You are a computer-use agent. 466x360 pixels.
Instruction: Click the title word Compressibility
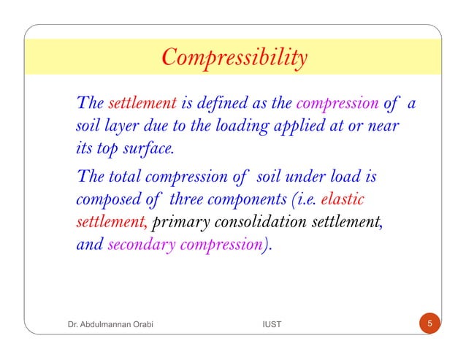point(234,58)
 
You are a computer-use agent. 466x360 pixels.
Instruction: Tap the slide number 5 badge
point(430,323)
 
